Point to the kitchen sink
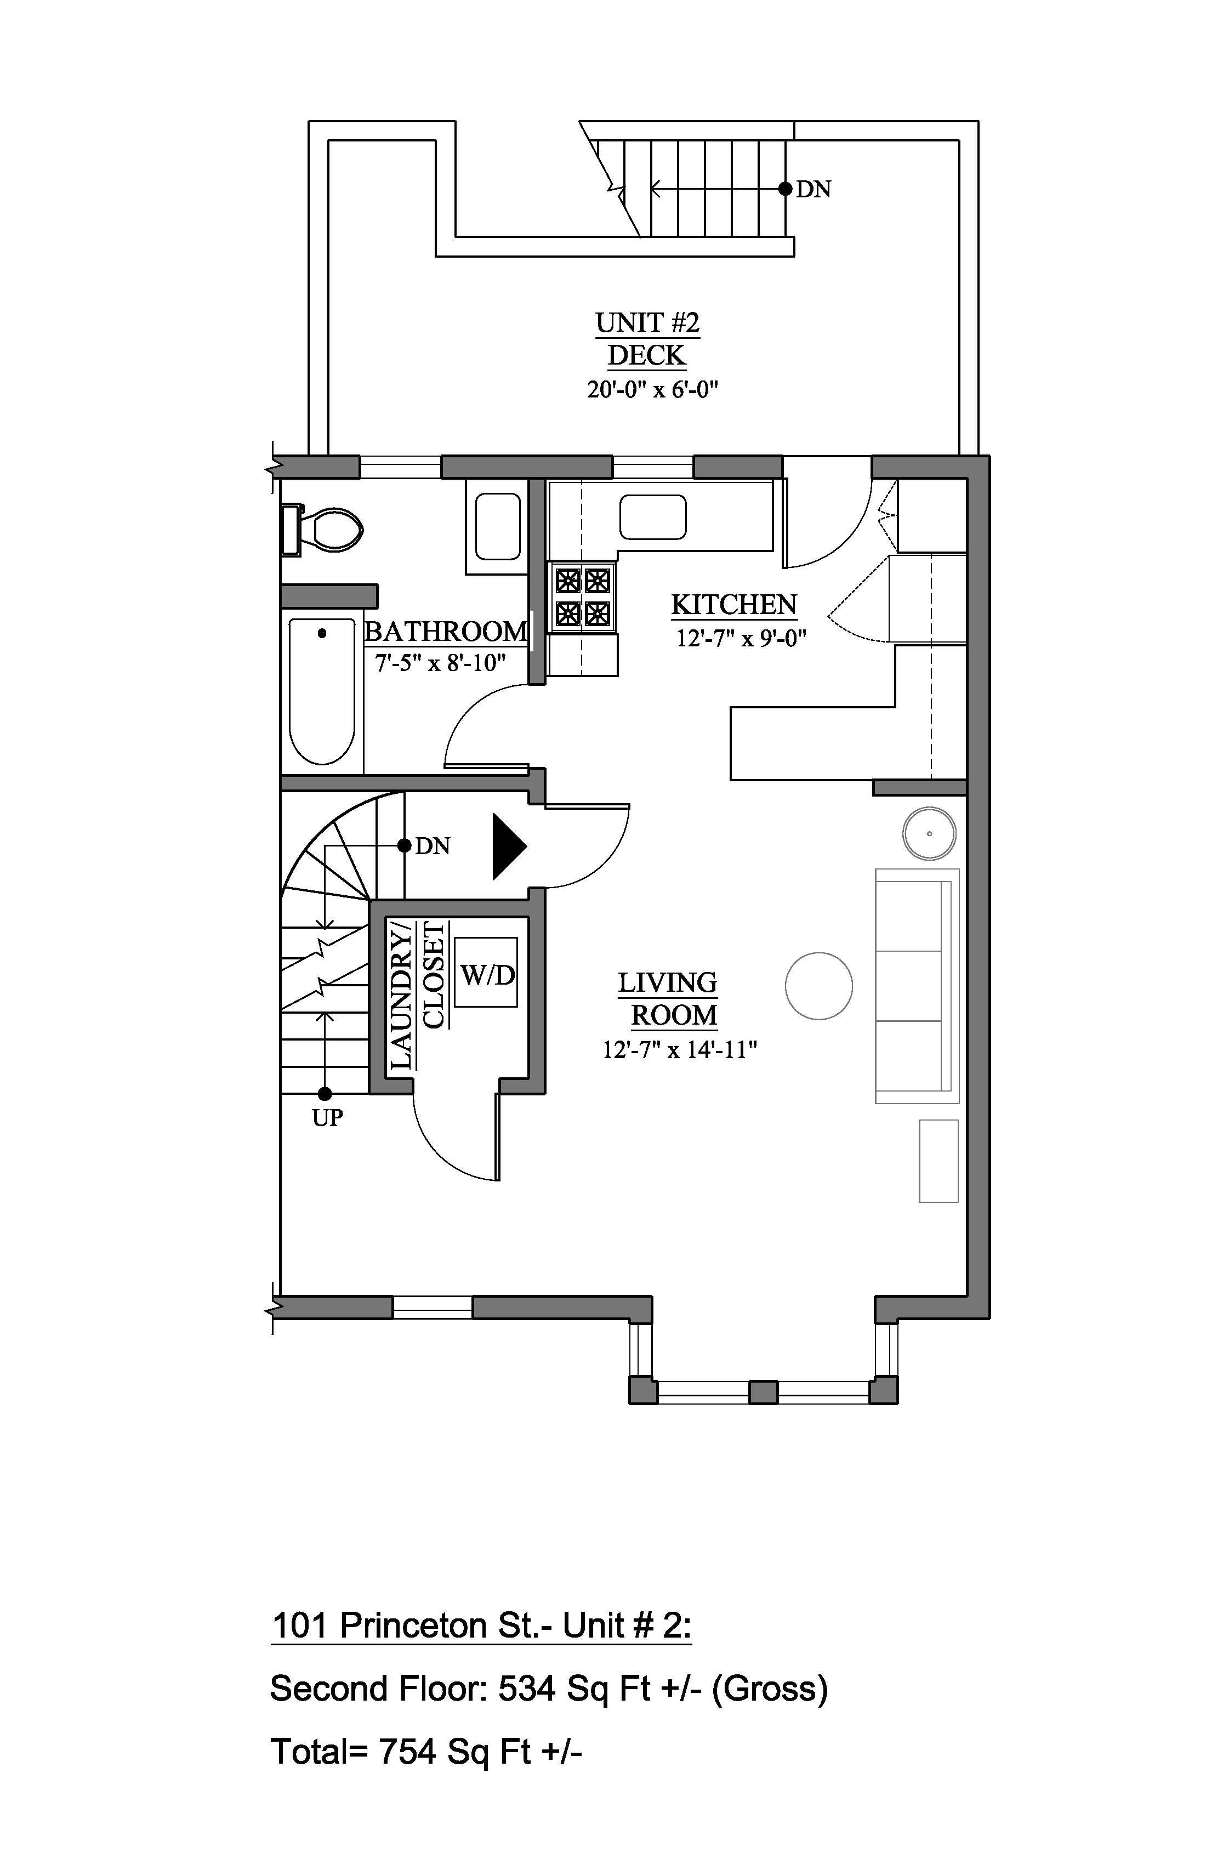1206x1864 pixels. pos(653,517)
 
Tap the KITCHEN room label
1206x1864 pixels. pos(734,605)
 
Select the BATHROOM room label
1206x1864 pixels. pos(446,631)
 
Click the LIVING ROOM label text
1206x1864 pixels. pos(668,998)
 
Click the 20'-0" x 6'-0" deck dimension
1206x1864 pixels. pos(652,389)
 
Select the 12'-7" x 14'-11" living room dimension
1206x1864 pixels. pos(679,1049)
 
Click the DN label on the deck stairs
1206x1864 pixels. pos(814,189)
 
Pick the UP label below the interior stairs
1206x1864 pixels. pos(327,1118)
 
